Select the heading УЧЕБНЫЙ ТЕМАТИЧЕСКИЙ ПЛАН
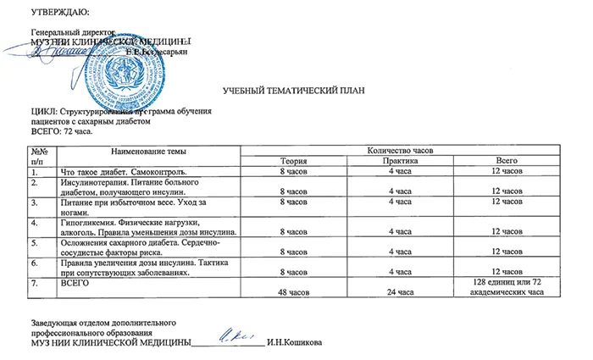(296, 89)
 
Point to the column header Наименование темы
(136, 150)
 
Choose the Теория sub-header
(293, 160)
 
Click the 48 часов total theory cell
(293, 292)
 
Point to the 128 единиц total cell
(507, 287)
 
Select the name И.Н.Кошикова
(294, 343)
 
